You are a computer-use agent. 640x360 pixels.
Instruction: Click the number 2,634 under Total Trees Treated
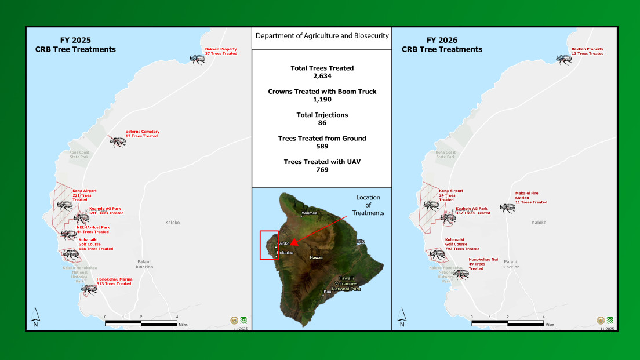[x=322, y=75]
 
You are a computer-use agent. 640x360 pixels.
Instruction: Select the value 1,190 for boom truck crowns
[x=322, y=99]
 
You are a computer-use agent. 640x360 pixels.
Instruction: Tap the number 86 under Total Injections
[x=322, y=123]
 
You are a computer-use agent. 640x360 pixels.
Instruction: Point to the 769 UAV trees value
[x=322, y=170]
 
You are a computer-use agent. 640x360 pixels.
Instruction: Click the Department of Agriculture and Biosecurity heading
[x=322, y=36]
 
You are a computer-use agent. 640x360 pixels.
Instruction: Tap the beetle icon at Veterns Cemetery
[x=118, y=142]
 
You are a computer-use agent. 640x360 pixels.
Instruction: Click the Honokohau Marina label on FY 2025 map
[x=114, y=281]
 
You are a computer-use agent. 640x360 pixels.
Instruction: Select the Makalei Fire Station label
[x=531, y=198]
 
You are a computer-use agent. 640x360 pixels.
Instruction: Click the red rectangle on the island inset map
[x=269, y=245]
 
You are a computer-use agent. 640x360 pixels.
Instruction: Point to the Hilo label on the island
[x=361, y=241]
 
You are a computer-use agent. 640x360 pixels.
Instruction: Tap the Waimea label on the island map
[x=310, y=213]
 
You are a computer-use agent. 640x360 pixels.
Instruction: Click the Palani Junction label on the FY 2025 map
[x=144, y=264]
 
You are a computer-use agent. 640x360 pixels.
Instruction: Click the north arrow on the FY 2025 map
[x=35, y=318]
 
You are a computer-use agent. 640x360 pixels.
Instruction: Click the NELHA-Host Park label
[x=93, y=230]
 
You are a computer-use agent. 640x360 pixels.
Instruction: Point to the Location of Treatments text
[x=368, y=205]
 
